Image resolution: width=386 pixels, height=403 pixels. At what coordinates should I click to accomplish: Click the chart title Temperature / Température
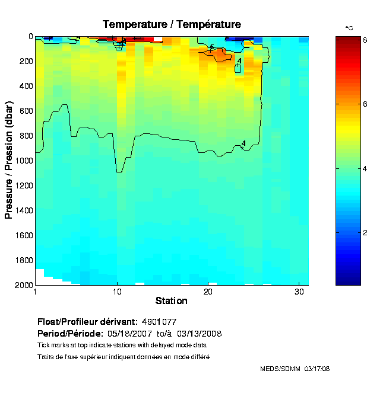tap(172, 24)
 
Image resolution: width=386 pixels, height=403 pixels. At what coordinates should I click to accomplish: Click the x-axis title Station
tap(172, 300)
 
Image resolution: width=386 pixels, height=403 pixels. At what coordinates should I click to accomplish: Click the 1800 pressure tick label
tap(23, 260)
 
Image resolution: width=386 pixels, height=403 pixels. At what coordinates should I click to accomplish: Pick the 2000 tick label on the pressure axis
tap(23, 285)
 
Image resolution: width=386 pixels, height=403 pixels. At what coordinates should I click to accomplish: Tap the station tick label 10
tap(118, 292)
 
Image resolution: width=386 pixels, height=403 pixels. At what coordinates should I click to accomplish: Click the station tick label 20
tap(208, 292)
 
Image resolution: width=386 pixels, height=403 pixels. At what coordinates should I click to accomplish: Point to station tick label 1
tap(36, 292)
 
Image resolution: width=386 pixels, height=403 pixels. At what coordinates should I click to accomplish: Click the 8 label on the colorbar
tap(365, 40)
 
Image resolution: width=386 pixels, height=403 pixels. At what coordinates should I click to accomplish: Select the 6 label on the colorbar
tap(365, 104)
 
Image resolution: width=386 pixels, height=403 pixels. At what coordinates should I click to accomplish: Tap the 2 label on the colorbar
tap(365, 232)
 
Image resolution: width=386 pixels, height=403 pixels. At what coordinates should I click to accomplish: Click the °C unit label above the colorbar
tap(349, 28)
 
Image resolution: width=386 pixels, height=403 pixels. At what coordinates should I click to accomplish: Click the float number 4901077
tap(160, 322)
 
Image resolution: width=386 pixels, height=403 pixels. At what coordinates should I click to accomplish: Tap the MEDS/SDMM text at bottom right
tap(280, 369)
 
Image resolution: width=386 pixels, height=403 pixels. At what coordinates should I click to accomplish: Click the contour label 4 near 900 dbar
tap(243, 143)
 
